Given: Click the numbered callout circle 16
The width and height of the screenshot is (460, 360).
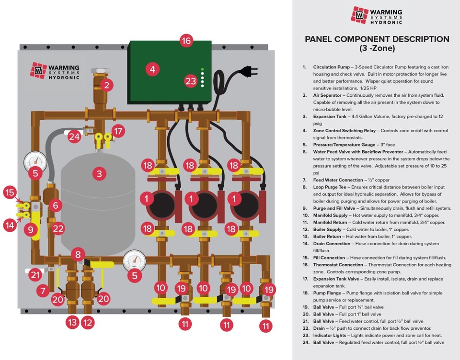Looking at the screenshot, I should [186, 41].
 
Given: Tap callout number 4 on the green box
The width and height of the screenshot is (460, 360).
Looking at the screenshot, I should [152, 69].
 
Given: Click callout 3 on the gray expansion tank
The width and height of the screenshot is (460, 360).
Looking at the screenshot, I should [99, 174].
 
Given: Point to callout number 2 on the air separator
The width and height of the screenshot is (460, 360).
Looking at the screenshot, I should [106, 86].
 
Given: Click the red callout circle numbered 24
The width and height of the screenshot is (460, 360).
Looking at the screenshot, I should [74, 136].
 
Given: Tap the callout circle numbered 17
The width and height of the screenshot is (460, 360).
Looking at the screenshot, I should [118, 130].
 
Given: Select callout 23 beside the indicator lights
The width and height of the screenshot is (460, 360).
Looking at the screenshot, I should [191, 81].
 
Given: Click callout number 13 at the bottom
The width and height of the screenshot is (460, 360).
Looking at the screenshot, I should [72, 322].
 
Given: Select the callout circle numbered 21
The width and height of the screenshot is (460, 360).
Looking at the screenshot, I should [35, 275].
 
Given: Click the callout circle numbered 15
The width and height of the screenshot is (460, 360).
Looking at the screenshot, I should [10, 192].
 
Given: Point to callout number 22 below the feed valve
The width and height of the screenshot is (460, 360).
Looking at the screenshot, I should [58, 229].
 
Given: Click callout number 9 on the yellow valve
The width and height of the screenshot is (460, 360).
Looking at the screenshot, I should [31, 229].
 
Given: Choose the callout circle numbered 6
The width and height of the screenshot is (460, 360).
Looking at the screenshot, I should [56, 205].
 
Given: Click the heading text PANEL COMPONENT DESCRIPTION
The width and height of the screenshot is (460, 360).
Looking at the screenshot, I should [377, 39].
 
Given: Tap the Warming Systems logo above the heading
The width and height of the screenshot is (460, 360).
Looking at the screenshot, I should [376, 15].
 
